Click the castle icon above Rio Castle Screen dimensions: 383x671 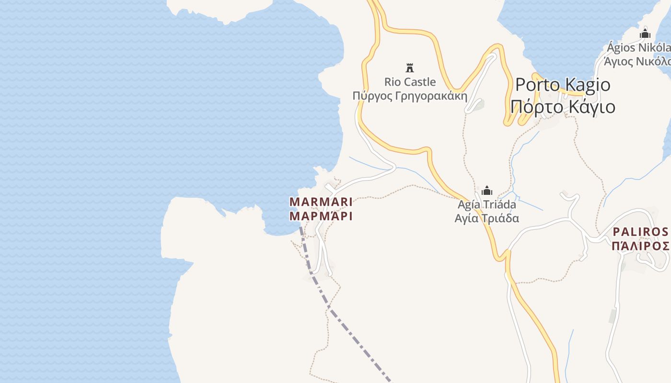pyautogui.click(x=410, y=68)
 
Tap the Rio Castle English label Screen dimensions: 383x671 pyautogui.click(x=410, y=82)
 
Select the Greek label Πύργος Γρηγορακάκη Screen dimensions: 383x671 pyautogui.click(x=410, y=96)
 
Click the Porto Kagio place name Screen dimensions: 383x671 pyautogui.click(x=563, y=85)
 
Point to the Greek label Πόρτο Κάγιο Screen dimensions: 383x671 pyautogui.click(x=563, y=107)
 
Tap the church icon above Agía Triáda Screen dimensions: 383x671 pyautogui.click(x=487, y=191)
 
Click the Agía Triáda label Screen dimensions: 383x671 pyautogui.click(x=487, y=205)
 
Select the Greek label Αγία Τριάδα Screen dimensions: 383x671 pyautogui.click(x=487, y=218)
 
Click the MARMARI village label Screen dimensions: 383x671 pyautogui.click(x=321, y=202)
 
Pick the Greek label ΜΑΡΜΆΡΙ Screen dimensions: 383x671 pyautogui.click(x=321, y=216)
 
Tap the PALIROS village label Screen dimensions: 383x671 pyautogui.click(x=640, y=232)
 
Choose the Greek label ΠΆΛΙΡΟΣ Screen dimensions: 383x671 pyautogui.click(x=640, y=246)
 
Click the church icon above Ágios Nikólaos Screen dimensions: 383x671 pyautogui.click(x=645, y=34)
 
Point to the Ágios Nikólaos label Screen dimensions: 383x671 pyautogui.click(x=638, y=48)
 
